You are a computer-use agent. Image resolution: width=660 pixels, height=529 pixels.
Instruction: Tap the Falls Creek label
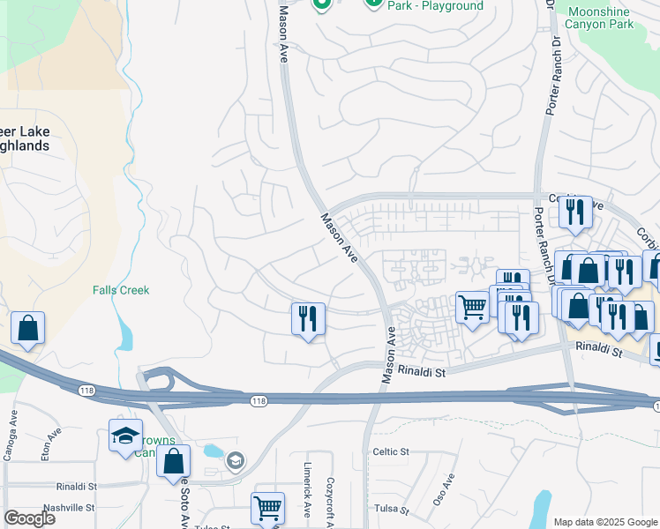point(121,290)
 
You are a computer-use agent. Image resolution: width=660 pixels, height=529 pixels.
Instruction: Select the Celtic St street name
point(391,451)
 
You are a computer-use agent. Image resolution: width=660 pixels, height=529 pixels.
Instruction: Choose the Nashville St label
point(65,508)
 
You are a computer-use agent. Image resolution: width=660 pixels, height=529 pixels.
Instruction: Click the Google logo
point(29,518)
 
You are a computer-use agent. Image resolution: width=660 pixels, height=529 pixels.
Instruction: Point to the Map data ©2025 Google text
point(605,522)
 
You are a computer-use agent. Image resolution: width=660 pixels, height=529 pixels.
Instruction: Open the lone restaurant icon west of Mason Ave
point(308,318)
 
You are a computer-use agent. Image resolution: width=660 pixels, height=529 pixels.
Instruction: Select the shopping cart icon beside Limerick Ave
point(267,507)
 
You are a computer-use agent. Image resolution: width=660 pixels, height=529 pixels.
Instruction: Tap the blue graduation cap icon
point(125,434)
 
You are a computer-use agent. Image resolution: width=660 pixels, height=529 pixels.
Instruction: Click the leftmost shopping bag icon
point(28,328)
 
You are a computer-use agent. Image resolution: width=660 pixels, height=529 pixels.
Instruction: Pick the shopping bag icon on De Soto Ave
point(174,461)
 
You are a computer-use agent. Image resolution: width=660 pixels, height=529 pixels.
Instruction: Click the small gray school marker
point(235,460)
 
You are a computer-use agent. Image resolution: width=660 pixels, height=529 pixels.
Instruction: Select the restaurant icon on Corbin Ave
point(575,212)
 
